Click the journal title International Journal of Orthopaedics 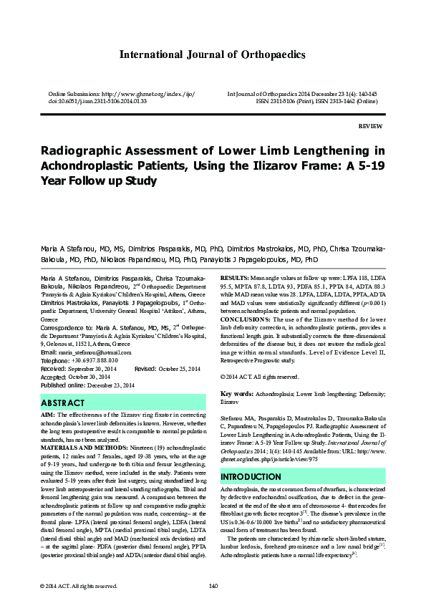213,54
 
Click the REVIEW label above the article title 369,125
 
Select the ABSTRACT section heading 63,404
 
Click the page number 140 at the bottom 213,586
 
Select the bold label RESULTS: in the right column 235,276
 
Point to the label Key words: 236,394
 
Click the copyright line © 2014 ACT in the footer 79,586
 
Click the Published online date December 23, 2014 108,385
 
